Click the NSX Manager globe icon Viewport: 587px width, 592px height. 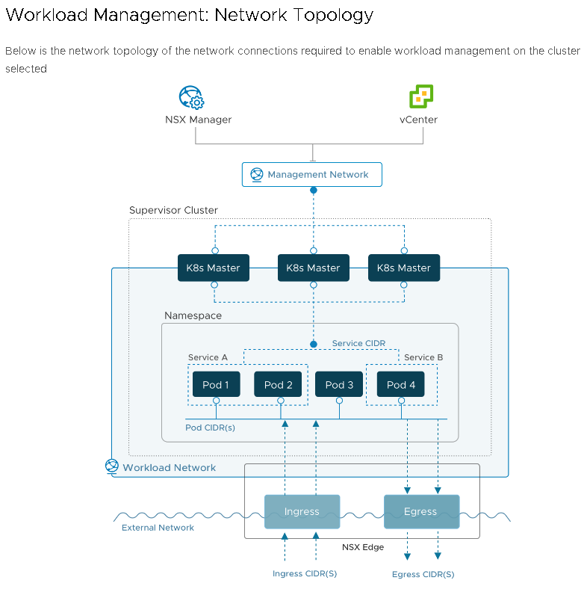[x=191, y=98]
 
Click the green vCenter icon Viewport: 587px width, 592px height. [x=421, y=97]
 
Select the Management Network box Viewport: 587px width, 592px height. [x=311, y=174]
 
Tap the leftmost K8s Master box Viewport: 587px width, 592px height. [x=214, y=268]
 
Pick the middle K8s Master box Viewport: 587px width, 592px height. [x=313, y=268]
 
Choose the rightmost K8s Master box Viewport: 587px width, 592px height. [x=404, y=268]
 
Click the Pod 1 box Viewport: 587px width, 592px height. [x=217, y=385]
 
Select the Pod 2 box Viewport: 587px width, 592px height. [x=279, y=385]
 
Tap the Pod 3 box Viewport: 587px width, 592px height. [x=340, y=385]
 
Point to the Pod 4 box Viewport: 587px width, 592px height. [x=401, y=385]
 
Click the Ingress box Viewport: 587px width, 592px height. [x=302, y=512]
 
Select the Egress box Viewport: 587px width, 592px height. [x=421, y=512]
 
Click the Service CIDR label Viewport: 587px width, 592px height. [x=358, y=343]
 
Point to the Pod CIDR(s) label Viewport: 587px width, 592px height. [x=210, y=428]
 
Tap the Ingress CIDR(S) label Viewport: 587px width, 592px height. [x=304, y=573]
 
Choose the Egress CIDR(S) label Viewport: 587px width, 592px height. [x=423, y=574]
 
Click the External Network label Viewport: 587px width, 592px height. [x=158, y=528]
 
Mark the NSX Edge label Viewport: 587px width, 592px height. [x=363, y=547]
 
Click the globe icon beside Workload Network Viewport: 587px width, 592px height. [x=112, y=466]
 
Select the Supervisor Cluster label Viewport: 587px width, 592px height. [x=173, y=210]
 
